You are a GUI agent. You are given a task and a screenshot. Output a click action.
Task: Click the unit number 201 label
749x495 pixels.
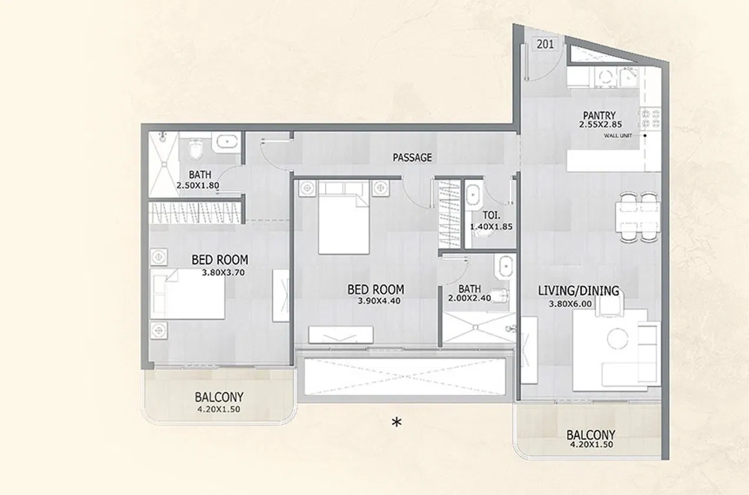coord(545,44)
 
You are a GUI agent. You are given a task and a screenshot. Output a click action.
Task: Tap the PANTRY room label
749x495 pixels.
coord(599,115)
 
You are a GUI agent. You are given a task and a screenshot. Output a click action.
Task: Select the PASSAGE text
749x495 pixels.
coord(412,157)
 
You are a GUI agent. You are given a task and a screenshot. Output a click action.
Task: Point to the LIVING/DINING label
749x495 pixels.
coord(578,291)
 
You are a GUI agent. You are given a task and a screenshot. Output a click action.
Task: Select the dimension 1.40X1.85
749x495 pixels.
coord(492,226)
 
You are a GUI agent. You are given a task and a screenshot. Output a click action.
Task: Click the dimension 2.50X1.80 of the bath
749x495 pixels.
coord(198,185)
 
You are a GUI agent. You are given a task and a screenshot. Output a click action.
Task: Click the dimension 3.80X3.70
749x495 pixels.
coord(223,272)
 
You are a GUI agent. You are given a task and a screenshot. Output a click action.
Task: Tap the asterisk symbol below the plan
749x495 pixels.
coord(397,422)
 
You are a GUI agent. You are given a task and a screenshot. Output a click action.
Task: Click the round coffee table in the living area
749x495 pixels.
coord(618,338)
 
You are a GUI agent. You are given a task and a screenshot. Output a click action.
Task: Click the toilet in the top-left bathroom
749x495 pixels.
coord(196,148)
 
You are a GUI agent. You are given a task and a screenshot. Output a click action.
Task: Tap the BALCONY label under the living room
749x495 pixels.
coord(591,434)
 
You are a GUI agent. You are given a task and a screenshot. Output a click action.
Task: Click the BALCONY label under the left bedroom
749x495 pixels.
coord(219,397)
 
